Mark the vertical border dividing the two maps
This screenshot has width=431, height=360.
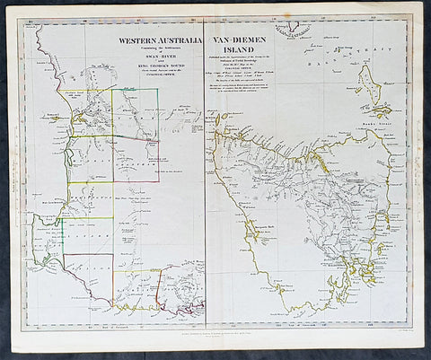[206, 180]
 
